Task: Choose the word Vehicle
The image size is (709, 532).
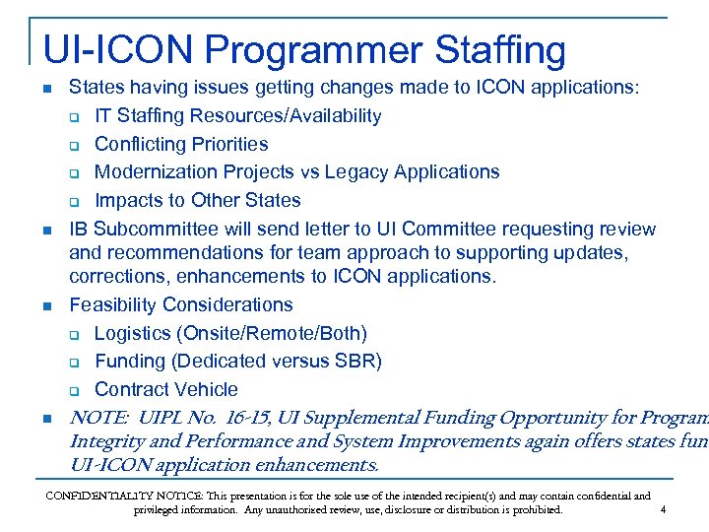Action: pyautogui.click(x=205, y=389)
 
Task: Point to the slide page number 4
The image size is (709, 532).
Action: pyautogui.click(x=664, y=509)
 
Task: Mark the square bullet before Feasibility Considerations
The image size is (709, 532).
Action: pyautogui.click(x=45, y=306)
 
